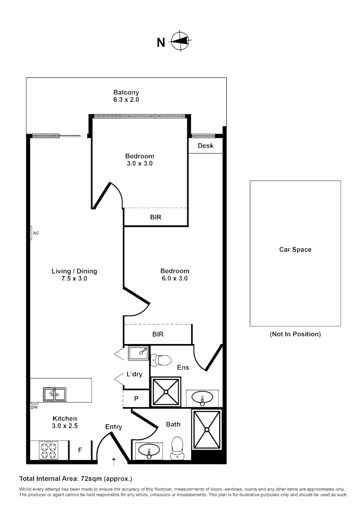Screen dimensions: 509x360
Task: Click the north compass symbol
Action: (x=179, y=41)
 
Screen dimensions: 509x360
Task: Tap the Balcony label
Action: (x=126, y=92)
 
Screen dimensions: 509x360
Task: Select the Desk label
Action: (x=205, y=146)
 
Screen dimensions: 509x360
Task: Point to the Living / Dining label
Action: (x=74, y=271)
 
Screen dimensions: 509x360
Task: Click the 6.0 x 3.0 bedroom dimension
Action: (x=175, y=279)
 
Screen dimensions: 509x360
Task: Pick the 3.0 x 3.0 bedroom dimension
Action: (x=139, y=164)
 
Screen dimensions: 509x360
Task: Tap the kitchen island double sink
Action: (x=55, y=394)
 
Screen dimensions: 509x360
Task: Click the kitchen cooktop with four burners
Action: (x=49, y=450)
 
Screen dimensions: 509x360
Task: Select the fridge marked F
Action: (x=80, y=450)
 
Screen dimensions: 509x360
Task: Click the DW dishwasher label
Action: (x=34, y=407)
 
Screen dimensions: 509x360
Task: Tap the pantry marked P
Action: (x=136, y=398)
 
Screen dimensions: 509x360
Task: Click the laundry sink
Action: (x=138, y=352)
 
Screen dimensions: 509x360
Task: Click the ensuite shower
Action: (x=165, y=392)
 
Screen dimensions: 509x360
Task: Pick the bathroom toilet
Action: (x=177, y=446)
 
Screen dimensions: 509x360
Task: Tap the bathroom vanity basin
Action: (x=149, y=451)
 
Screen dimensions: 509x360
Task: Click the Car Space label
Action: (x=295, y=250)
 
